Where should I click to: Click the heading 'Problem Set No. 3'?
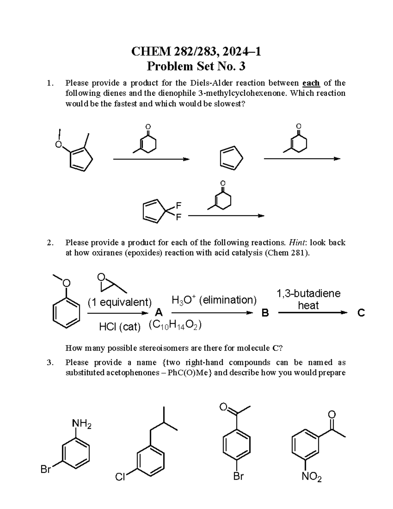(x=196, y=67)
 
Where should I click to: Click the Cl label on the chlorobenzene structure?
(x=120, y=477)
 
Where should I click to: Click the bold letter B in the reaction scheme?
(x=265, y=313)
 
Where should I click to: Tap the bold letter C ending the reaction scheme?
(x=361, y=313)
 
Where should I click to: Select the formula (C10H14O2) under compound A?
(x=175, y=325)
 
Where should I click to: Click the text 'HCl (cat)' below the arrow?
(x=119, y=326)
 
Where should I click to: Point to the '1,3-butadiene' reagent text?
(x=309, y=293)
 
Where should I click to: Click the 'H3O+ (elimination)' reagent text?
(x=214, y=300)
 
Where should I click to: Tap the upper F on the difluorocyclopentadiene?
(x=178, y=206)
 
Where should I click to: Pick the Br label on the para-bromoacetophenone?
(x=238, y=476)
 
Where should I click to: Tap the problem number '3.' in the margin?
(x=50, y=362)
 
